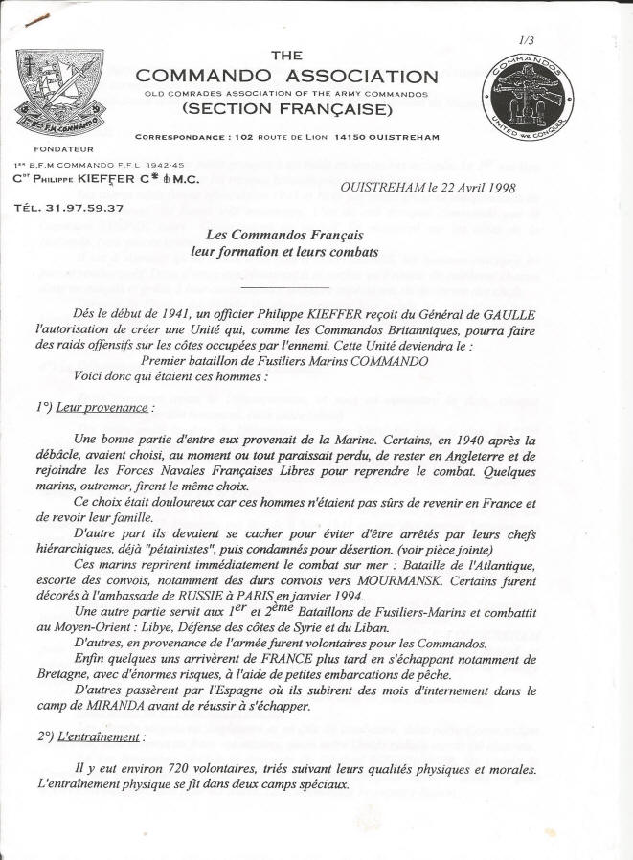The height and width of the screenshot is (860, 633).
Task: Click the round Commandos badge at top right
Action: tap(528, 96)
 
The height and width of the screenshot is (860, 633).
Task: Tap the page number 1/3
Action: tap(526, 41)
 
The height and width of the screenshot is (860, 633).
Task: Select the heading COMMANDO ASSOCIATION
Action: tap(286, 77)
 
